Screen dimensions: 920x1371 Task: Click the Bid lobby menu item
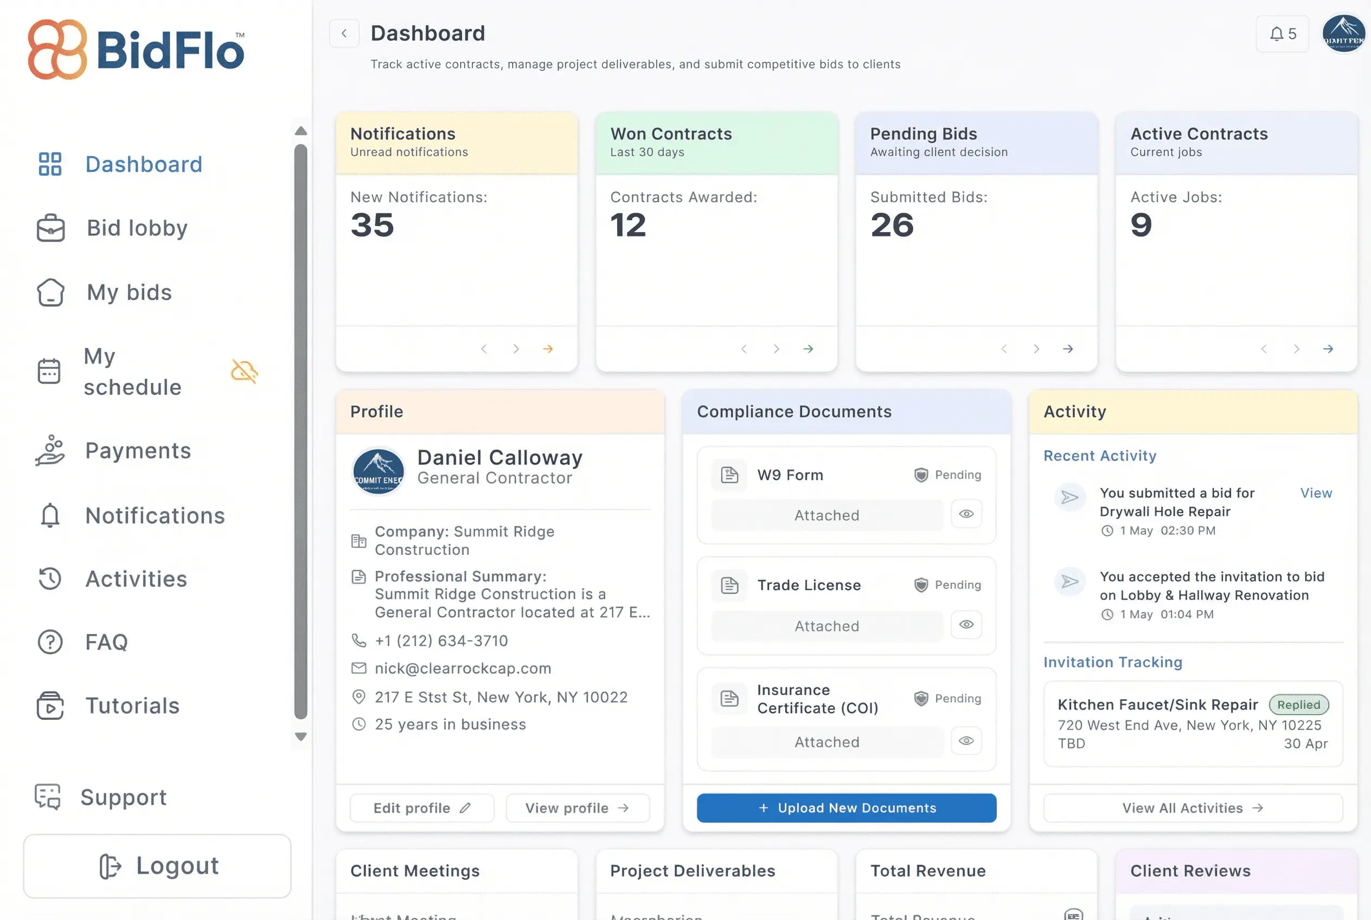(x=137, y=228)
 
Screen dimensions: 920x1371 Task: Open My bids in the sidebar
(x=129, y=292)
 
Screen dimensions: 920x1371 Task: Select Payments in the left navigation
(x=138, y=451)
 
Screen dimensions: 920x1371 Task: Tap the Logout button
(x=157, y=866)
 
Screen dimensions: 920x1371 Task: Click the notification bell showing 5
(x=1283, y=34)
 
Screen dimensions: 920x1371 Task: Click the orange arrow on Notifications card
(x=548, y=349)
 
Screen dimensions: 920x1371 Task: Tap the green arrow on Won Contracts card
(x=808, y=349)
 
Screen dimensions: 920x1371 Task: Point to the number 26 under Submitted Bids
(x=892, y=225)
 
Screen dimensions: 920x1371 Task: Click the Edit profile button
(x=422, y=808)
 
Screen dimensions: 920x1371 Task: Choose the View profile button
(x=577, y=808)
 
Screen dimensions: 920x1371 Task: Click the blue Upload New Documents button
(x=846, y=808)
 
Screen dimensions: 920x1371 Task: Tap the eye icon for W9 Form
(x=966, y=514)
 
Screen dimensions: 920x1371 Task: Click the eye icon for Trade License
(x=966, y=624)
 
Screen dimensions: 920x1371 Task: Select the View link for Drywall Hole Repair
(x=1316, y=493)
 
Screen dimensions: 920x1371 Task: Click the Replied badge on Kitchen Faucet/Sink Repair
(x=1298, y=705)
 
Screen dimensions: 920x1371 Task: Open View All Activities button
(x=1193, y=808)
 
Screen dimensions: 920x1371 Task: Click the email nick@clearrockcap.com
(x=463, y=668)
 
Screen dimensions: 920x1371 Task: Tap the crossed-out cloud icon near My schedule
(x=244, y=372)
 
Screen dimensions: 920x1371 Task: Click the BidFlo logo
(x=136, y=50)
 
